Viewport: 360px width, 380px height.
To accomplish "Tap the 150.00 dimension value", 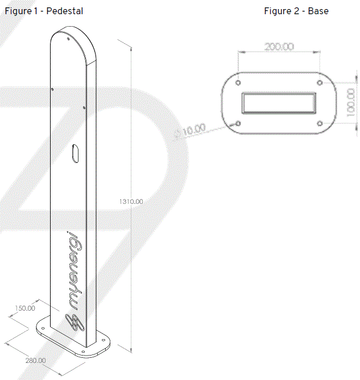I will click(x=24, y=308).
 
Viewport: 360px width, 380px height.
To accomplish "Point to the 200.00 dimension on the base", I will click(x=279, y=47).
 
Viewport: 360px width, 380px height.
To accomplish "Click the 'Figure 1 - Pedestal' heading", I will click(x=44, y=11).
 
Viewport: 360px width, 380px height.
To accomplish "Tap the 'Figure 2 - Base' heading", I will click(x=296, y=11).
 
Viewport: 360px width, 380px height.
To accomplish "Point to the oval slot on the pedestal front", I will click(x=76, y=153).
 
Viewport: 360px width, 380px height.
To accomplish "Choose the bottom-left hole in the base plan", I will click(x=238, y=123).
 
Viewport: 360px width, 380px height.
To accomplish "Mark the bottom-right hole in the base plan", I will click(x=319, y=123).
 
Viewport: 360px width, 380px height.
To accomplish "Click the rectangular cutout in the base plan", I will click(x=279, y=103).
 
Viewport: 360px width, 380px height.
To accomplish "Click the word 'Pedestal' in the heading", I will click(x=64, y=11).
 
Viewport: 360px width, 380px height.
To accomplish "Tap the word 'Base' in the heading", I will click(x=318, y=11).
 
